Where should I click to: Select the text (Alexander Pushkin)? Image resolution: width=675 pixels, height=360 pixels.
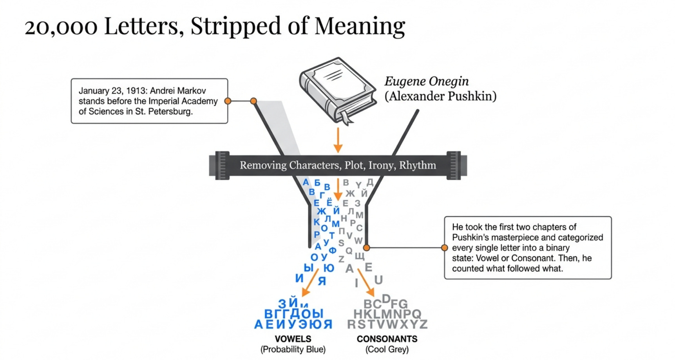tap(440, 96)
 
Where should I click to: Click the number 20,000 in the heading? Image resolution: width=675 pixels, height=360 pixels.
tap(61, 27)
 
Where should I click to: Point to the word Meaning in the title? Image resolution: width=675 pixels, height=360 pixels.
tap(360, 26)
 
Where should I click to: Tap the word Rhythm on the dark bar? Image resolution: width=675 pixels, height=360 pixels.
tap(418, 165)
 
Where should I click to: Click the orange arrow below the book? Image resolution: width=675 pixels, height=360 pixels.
tap(338, 140)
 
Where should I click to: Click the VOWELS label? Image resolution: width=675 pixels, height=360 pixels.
tap(293, 339)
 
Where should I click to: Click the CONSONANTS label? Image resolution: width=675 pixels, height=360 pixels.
tap(387, 339)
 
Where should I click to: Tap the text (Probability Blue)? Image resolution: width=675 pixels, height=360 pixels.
tap(293, 349)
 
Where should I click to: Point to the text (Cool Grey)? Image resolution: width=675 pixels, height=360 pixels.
tap(387, 349)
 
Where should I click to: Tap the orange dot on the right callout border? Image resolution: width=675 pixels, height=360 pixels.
tap(444, 248)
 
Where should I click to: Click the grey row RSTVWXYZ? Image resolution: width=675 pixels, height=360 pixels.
tap(387, 325)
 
